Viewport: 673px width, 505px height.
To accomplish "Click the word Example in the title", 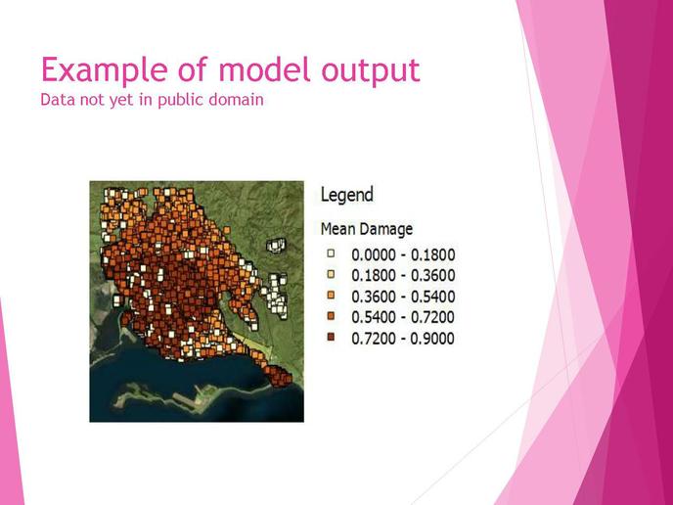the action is (106, 70).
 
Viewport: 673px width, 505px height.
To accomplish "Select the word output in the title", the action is (371, 70).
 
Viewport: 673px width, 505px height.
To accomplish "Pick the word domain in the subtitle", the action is (237, 99).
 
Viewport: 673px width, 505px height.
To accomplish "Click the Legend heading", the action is (347, 196).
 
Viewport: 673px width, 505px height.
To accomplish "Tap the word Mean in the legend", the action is (337, 229).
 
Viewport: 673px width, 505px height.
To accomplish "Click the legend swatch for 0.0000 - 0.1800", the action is (331, 253).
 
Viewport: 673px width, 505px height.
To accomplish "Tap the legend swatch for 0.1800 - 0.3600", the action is (331, 274).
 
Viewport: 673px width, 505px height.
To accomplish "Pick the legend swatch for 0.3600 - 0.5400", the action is (331, 295).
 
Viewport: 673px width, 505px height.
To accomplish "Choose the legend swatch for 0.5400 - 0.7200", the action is (331, 316).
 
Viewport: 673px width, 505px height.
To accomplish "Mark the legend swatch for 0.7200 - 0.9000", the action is (331, 337).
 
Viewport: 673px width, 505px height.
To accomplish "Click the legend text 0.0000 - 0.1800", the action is (403, 255).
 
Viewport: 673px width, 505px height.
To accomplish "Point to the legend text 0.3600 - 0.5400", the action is (403, 297).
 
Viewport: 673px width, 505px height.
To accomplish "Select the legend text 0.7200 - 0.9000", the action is (403, 339).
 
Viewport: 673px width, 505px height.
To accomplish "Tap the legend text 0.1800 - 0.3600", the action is (403, 276).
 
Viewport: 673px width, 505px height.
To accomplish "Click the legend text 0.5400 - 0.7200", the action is (403, 317).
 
